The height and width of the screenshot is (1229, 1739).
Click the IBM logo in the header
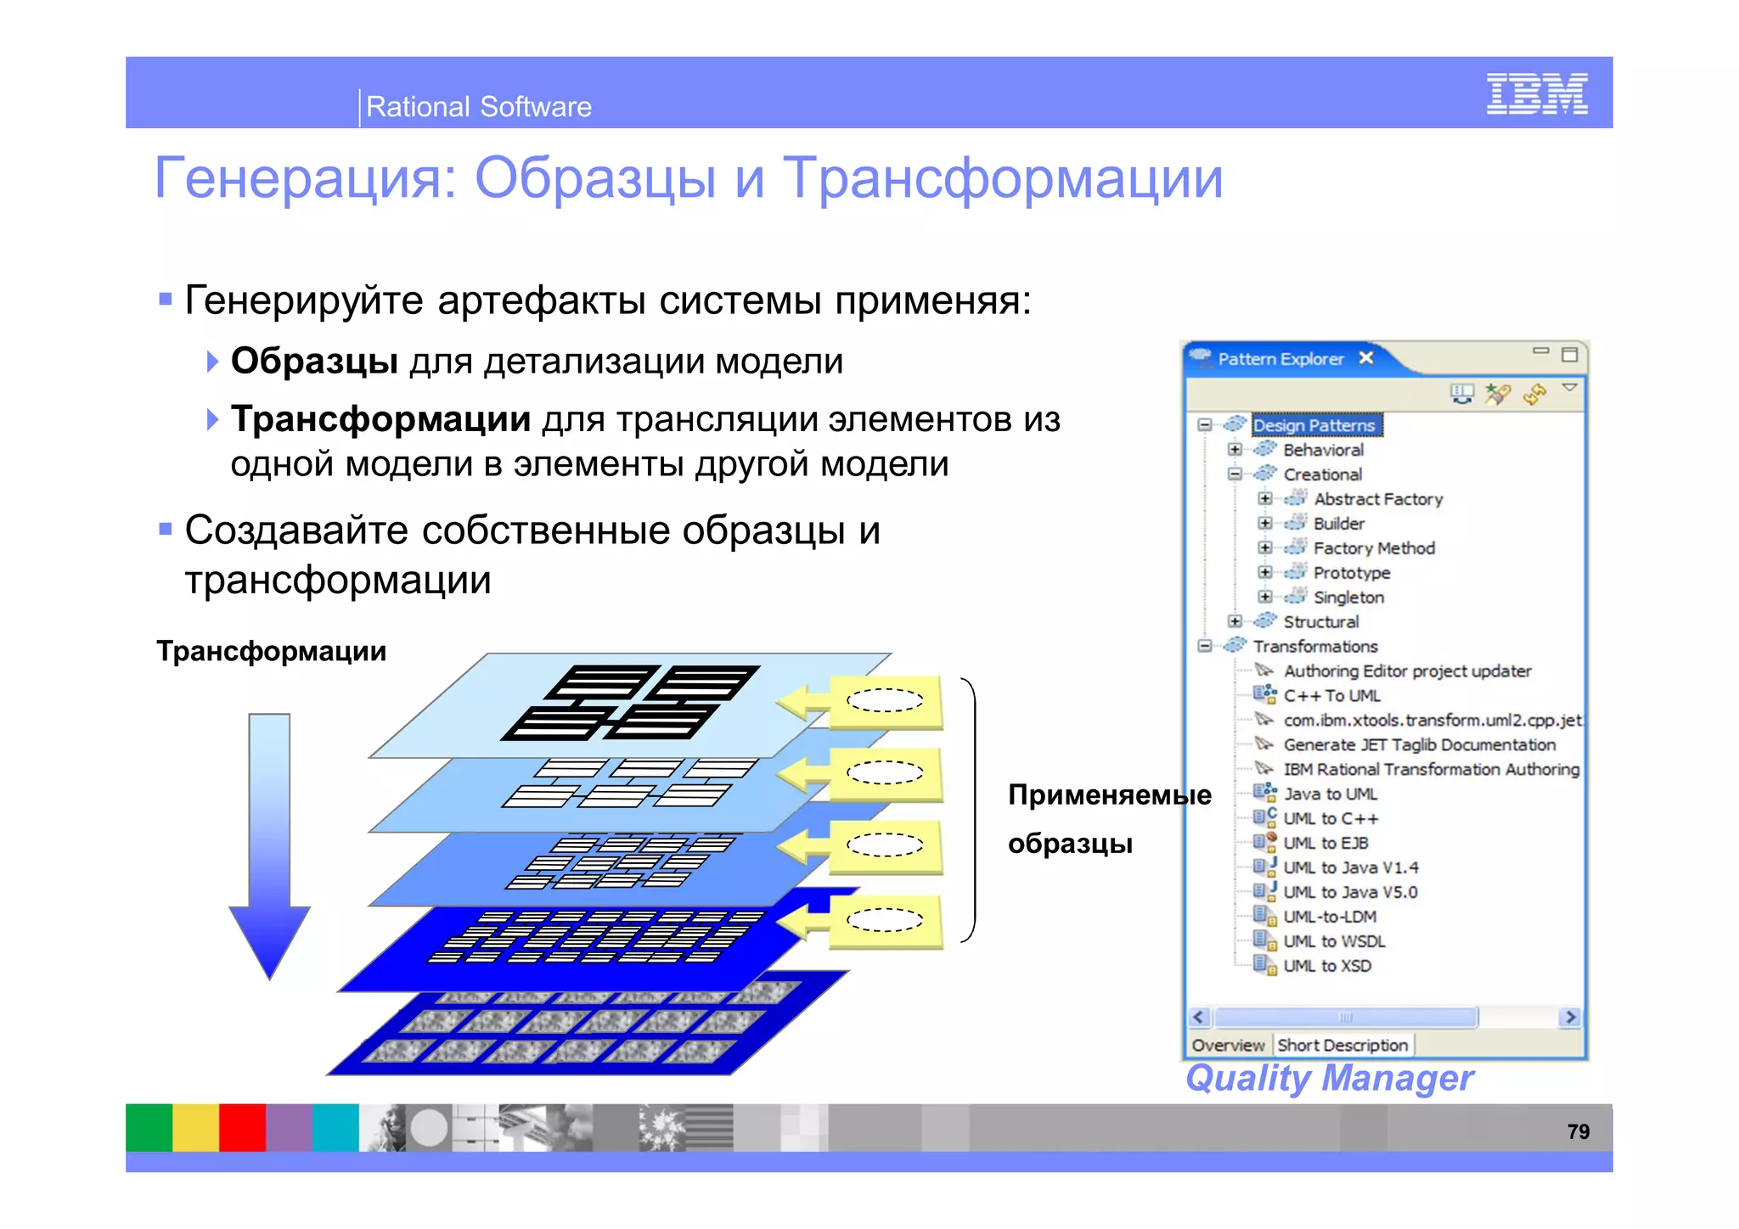[x=1536, y=93]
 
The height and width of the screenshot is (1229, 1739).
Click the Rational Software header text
[x=478, y=107]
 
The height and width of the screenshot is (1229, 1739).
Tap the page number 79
[x=1578, y=1131]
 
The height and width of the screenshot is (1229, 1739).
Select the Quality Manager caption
[x=1329, y=1078]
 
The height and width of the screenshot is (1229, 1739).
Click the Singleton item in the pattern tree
[x=1348, y=598]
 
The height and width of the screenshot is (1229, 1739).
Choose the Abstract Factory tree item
[x=1377, y=499]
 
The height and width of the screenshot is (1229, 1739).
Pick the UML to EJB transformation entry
[x=1325, y=843]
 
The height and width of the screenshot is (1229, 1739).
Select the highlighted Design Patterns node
[x=1314, y=425]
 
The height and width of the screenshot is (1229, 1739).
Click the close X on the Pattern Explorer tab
[x=1366, y=358]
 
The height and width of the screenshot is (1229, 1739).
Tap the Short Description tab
[x=1342, y=1045]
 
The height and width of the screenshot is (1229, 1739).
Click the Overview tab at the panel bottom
[x=1228, y=1045]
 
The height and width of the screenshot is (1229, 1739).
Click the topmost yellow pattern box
[x=885, y=701]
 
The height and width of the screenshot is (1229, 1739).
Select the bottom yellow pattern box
[x=885, y=921]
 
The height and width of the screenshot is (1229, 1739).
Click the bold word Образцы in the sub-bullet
[x=314, y=361]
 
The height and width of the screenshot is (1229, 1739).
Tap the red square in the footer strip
[x=242, y=1127]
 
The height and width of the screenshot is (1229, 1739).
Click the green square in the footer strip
[x=149, y=1127]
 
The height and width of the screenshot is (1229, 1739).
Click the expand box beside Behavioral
[x=1235, y=450]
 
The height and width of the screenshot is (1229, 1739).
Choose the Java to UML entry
[x=1330, y=794]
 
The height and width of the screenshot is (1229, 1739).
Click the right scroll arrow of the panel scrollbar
[x=1570, y=1017]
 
